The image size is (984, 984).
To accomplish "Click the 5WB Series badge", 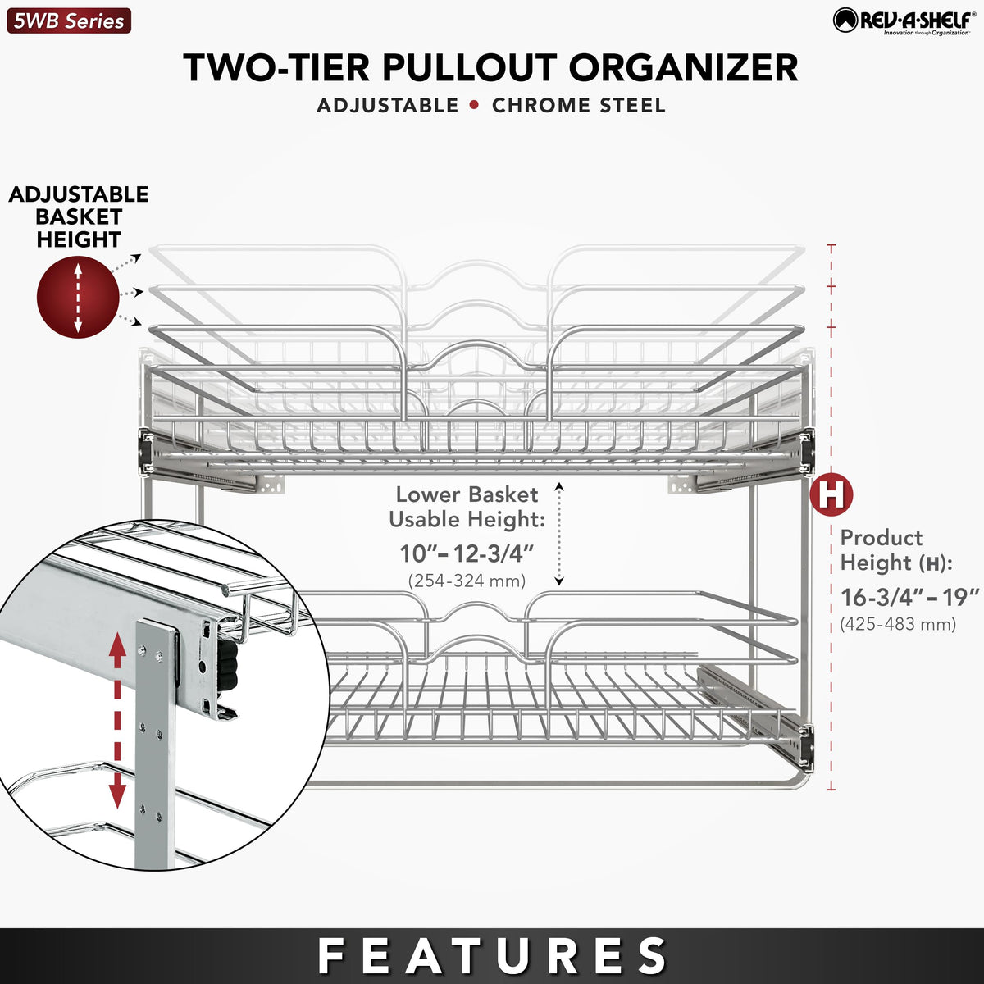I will (69, 20).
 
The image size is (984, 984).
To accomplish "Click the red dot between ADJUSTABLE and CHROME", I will (475, 105).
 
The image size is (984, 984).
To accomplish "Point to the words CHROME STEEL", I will (579, 106).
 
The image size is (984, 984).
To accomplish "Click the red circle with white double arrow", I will (78, 297).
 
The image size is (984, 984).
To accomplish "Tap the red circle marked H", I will (831, 494).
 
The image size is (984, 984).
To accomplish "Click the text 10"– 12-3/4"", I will (467, 553).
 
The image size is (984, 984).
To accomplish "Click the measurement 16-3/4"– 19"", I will (910, 596).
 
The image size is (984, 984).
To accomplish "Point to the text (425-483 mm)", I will (898, 624).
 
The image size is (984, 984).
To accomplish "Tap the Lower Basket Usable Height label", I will (467, 507).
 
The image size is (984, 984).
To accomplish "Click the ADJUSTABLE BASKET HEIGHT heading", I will (79, 217).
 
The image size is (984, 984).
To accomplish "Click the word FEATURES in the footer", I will (493, 956).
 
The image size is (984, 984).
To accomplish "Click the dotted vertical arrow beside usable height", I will (559, 534).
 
